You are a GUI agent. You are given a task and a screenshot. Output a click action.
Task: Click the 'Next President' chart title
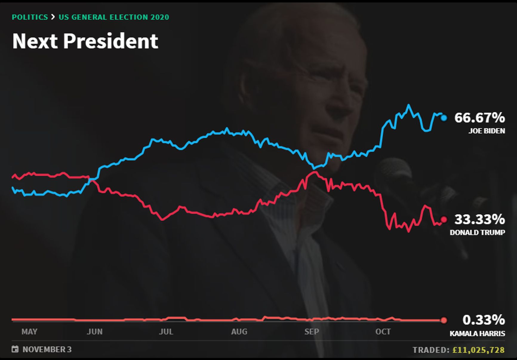tap(85, 41)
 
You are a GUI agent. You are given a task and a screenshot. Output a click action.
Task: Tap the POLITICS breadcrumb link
tap(30, 17)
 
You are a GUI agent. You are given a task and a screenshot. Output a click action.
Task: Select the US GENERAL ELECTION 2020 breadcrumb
tap(114, 17)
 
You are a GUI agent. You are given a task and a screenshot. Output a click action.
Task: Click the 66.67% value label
tap(479, 118)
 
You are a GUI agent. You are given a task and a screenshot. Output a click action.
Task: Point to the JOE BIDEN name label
tap(487, 131)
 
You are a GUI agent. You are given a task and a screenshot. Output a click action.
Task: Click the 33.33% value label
tap(479, 219)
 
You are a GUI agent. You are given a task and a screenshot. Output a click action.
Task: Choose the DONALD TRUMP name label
tap(477, 232)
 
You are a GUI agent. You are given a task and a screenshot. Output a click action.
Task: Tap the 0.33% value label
tap(484, 320)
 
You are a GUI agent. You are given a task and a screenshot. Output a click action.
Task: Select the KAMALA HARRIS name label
tap(477, 333)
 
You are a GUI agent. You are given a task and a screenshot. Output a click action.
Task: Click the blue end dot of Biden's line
tap(444, 118)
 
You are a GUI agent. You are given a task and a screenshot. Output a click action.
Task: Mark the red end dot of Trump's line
tap(444, 220)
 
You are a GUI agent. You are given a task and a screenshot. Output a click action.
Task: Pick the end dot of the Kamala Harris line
tap(444, 320)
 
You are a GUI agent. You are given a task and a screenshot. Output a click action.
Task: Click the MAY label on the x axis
tap(29, 332)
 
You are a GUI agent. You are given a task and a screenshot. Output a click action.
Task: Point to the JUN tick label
tap(95, 332)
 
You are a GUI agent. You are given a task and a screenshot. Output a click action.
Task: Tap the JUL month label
tap(166, 332)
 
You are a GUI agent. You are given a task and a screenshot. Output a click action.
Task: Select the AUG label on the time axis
tap(239, 332)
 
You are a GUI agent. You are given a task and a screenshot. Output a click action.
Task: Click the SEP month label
tap(312, 332)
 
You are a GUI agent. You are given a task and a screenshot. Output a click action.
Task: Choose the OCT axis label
tap(383, 332)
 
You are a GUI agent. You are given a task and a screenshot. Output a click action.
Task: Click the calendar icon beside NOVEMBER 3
tap(15, 349)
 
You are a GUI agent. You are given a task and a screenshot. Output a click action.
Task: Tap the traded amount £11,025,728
tap(478, 350)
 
